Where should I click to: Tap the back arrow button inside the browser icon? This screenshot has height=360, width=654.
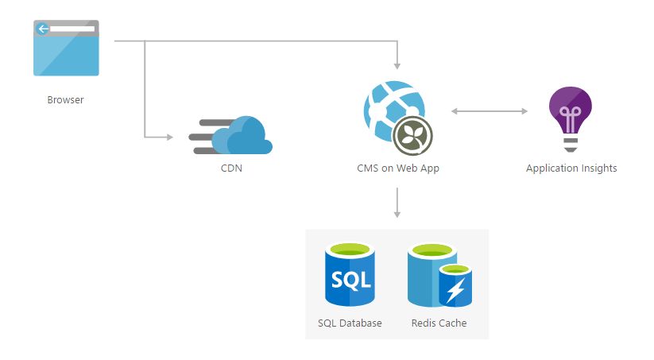[x=43, y=29]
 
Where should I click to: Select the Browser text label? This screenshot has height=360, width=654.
[x=65, y=100]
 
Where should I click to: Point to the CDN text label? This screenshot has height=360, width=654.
[x=231, y=168]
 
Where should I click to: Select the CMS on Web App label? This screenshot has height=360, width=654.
[x=397, y=168]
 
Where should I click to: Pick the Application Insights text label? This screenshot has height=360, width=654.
[x=571, y=168]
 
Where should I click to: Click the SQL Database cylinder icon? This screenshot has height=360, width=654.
[x=350, y=275]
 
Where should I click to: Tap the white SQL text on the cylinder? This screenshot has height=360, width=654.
[x=350, y=281]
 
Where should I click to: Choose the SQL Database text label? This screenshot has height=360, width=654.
[x=350, y=323]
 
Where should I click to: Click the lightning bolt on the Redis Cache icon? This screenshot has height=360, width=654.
[x=455, y=292]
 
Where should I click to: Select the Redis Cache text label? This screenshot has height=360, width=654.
[x=439, y=323]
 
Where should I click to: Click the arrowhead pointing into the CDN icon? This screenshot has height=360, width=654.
[x=168, y=137]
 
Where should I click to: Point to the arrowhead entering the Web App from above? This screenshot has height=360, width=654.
[x=397, y=65]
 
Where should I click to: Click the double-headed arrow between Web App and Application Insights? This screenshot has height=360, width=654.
[x=490, y=111]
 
